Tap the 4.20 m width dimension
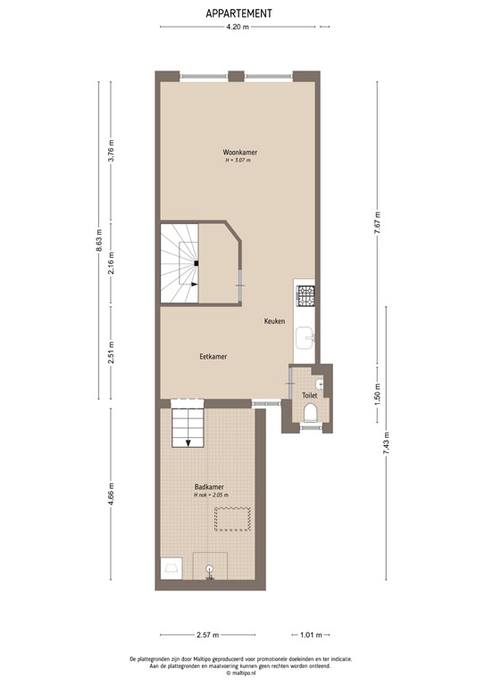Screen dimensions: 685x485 (x=237, y=28)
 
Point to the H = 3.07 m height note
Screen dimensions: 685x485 (x=238, y=161)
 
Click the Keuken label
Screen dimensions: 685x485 (x=274, y=321)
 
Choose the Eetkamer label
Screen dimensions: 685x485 (x=213, y=356)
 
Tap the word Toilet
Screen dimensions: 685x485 (x=310, y=394)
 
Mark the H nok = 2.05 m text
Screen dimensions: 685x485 (x=212, y=495)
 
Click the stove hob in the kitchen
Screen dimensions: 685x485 (x=305, y=293)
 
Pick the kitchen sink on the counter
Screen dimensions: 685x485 (x=305, y=335)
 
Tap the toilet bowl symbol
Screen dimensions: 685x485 (x=310, y=413)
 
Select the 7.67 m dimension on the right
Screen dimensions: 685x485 (x=379, y=219)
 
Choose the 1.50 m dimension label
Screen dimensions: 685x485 (x=379, y=396)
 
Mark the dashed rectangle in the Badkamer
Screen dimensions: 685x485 (x=235, y=518)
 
